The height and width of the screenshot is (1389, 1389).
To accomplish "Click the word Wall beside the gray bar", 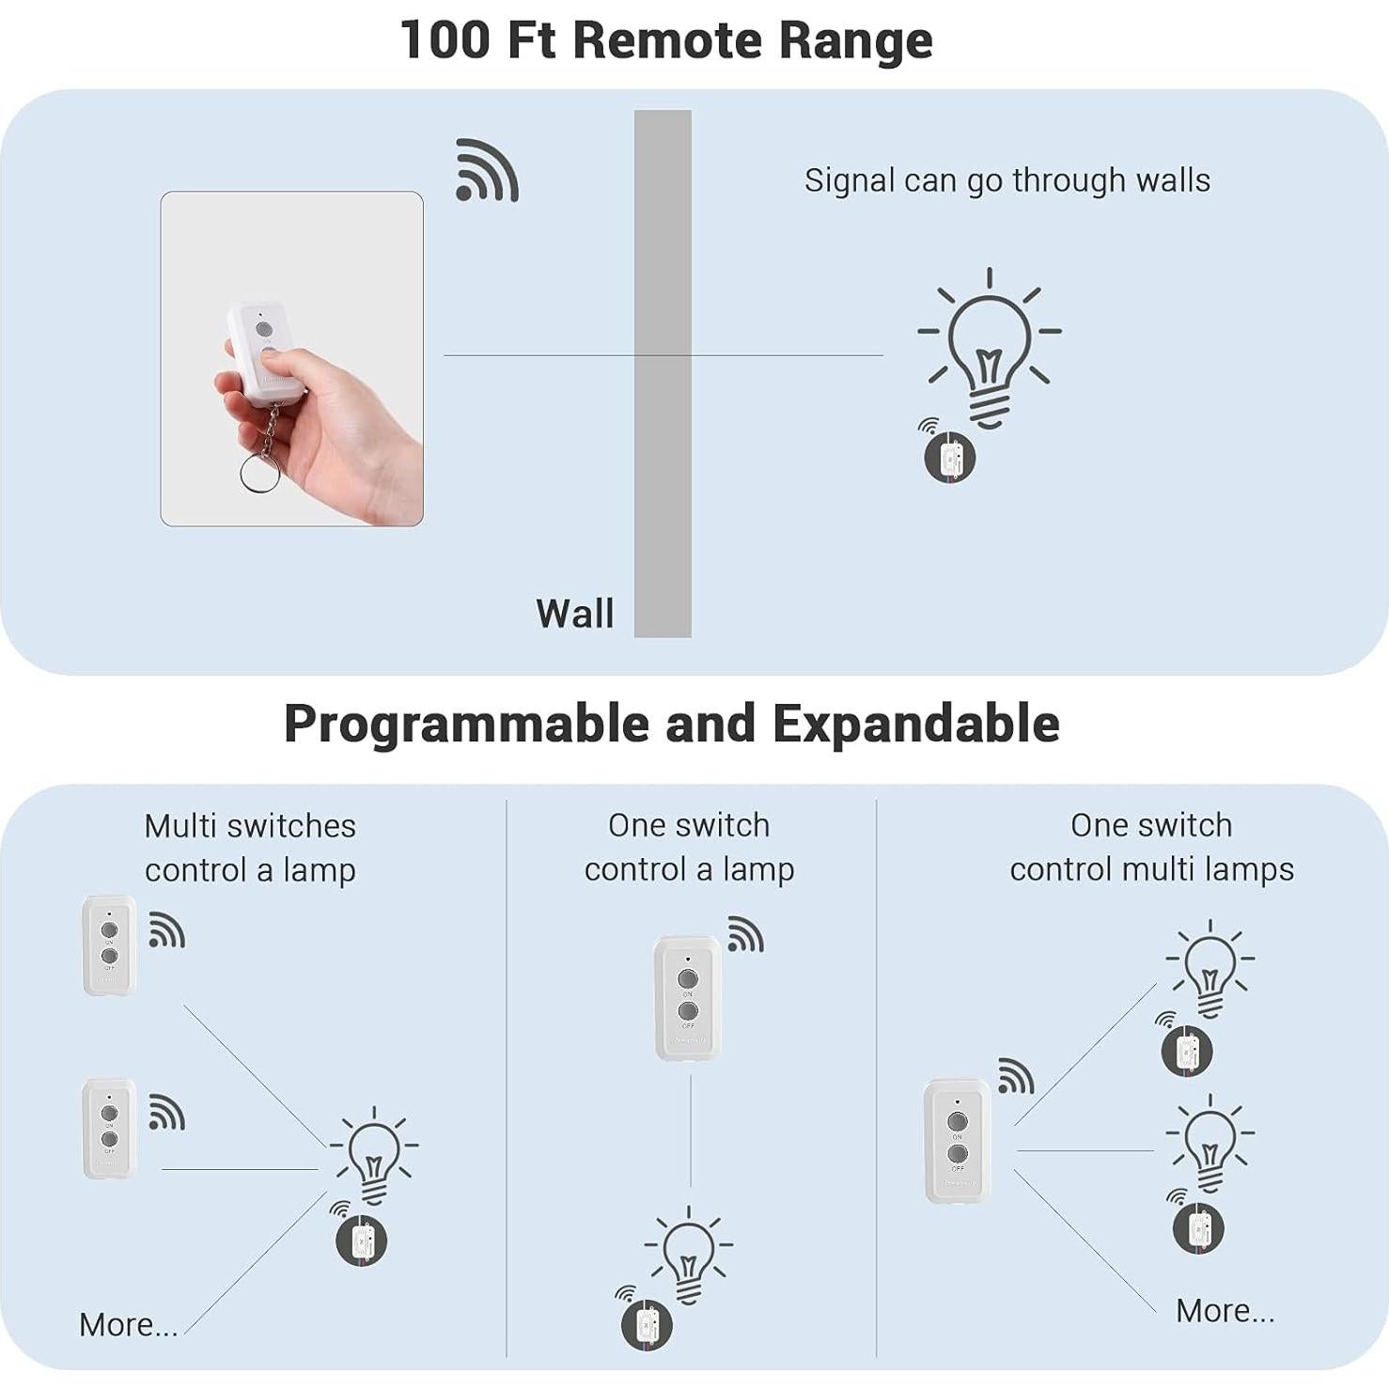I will point(574,614).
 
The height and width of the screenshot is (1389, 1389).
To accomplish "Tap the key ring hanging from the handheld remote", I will point(259,473).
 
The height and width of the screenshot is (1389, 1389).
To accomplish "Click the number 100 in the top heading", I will point(445,40).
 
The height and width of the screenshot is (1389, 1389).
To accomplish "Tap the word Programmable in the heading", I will point(466,725).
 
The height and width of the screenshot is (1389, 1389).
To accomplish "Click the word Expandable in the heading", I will point(916,725).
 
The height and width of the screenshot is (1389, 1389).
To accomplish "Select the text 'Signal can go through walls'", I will point(1007,180).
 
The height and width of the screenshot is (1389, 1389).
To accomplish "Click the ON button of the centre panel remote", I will point(688,979).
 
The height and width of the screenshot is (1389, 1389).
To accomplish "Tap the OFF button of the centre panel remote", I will point(688,1011).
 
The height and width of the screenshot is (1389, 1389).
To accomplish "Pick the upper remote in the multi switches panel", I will point(109,944).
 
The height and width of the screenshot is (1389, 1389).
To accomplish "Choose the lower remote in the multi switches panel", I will point(109,1128).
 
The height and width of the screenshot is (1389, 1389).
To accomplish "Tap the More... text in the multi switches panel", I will point(128,1325).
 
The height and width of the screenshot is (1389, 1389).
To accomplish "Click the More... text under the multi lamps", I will point(1225,1311).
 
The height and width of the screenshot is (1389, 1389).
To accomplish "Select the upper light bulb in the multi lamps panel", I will point(1210,968).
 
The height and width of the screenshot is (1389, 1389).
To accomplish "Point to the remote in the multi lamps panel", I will point(957,1140).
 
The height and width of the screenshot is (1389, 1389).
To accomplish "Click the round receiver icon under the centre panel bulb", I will point(647,1324).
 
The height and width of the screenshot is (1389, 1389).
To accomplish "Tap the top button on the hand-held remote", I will point(264,330).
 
